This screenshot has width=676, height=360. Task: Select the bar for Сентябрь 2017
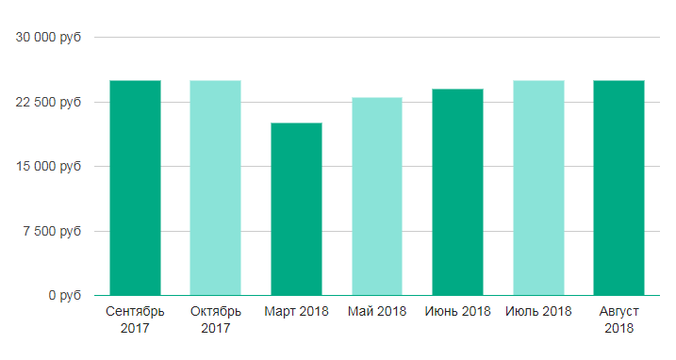click(136, 188)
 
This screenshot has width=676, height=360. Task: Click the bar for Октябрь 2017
click(216, 188)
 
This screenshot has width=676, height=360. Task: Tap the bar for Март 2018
click(297, 209)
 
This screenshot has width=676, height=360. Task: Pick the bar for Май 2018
click(377, 197)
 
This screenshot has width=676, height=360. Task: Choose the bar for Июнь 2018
click(458, 192)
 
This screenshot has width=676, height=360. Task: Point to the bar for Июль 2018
click(539, 188)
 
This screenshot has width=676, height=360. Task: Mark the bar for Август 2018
click(619, 188)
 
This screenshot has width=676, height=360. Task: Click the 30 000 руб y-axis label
click(48, 38)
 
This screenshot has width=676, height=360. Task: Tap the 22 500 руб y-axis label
click(48, 102)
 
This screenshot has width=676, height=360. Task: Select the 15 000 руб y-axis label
click(49, 166)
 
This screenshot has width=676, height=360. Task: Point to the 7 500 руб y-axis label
click(52, 231)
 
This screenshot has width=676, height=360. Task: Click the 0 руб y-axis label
click(65, 295)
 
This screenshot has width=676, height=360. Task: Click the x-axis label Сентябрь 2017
click(135, 319)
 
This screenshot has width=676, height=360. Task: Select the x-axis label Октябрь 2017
click(216, 319)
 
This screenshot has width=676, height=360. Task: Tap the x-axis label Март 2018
click(297, 311)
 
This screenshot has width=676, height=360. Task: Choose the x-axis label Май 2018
click(377, 311)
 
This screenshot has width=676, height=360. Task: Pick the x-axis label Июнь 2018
click(458, 311)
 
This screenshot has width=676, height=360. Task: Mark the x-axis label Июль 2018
click(538, 311)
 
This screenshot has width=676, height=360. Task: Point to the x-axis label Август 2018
click(619, 319)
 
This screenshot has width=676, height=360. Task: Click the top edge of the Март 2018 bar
click(297, 123)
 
